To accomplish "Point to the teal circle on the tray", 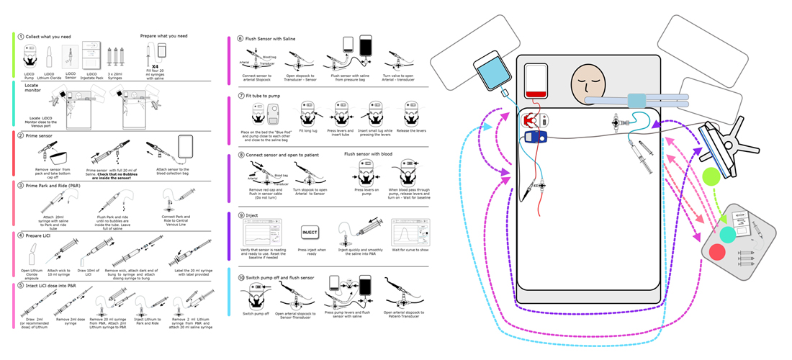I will [x=727, y=233].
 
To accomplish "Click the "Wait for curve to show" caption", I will [x=408, y=252].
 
